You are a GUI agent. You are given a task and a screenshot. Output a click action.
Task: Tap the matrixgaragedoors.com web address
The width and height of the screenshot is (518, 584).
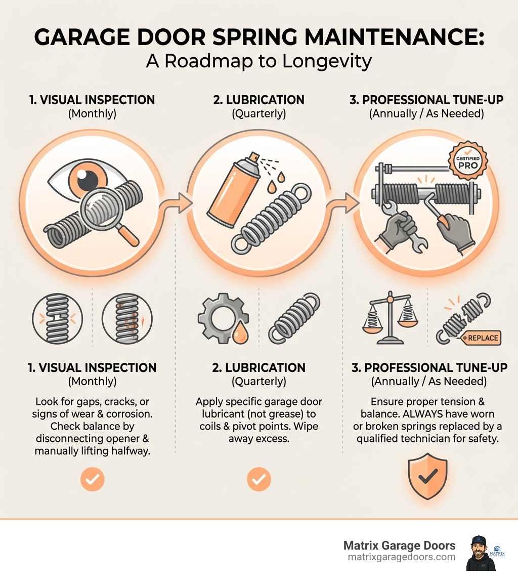(x=402, y=557)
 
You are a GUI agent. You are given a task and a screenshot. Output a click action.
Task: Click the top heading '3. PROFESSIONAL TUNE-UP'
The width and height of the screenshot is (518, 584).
(x=426, y=100)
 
